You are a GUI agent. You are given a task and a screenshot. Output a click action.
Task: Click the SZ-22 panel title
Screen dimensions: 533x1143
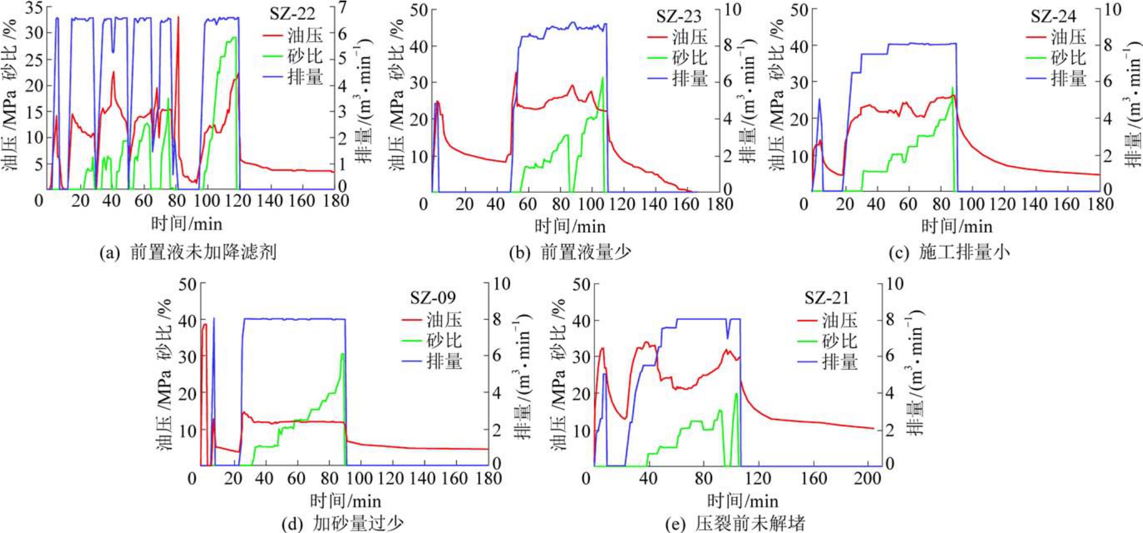pyautogui.click(x=292, y=13)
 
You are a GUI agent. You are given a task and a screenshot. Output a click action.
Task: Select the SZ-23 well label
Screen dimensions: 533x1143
pyautogui.click(x=678, y=16)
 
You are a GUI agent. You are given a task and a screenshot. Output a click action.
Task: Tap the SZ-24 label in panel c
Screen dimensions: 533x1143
pyautogui.click(x=1053, y=16)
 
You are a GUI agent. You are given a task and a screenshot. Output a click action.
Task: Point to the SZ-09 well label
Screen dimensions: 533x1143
pyautogui.click(x=433, y=298)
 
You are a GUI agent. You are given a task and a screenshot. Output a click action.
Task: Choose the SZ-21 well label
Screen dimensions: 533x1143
pyautogui.click(x=827, y=298)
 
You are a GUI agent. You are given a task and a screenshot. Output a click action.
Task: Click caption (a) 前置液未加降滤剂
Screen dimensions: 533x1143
pyautogui.click(x=188, y=253)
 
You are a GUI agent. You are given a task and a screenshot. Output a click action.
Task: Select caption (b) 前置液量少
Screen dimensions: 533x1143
pyautogui.click(x=570, y=253)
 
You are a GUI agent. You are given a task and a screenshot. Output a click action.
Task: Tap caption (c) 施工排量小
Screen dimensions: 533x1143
pyautogui.click(x=949, y=253)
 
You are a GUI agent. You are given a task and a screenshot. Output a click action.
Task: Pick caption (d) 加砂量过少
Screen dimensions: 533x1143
pyautogui.click(x=342, y=523)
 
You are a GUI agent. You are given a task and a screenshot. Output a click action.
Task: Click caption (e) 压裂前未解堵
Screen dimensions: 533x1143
pyautogui.click(x=735, y=523)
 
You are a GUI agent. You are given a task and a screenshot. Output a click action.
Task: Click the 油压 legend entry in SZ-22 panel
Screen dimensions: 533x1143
pyautogui.click(x=293, y=35)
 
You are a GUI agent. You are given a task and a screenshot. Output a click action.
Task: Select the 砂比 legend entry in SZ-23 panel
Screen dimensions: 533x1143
pyautogui.click(x=678, y=58)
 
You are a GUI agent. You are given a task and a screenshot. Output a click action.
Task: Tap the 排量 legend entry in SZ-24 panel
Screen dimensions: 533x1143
pyautogui.click(x=1056, y=78)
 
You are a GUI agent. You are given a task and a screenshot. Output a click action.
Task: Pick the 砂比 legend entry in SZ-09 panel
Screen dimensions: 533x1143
pyautogui.click(x=432, y=340)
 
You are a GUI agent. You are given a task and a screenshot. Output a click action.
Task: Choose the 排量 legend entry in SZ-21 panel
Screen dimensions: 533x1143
pyautogui.click(x=827, y=362)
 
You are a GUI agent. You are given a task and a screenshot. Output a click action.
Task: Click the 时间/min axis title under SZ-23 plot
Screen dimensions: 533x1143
pyautogui.click(x=570, y=226)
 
